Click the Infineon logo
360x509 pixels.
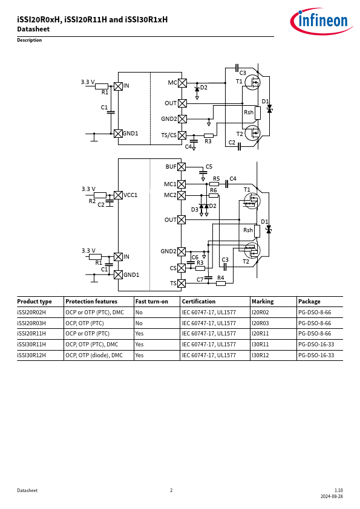321,21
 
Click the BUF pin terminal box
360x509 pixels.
182,167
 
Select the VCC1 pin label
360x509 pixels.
130,195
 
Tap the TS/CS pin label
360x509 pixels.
169,135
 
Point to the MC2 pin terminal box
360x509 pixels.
182,195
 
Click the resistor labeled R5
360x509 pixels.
214,184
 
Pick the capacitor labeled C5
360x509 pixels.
203,172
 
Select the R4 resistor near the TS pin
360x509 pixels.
221,284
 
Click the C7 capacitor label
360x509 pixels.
200,279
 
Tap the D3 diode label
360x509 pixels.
195,210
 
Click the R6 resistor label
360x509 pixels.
213,190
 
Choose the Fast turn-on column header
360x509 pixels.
152,302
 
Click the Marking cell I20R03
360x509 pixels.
260,323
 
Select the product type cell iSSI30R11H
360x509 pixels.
31,345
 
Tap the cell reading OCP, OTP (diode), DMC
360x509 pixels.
94,355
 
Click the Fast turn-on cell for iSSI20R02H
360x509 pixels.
139,313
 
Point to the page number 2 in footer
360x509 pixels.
171,490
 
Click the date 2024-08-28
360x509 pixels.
332,497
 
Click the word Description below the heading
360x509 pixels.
30,41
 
